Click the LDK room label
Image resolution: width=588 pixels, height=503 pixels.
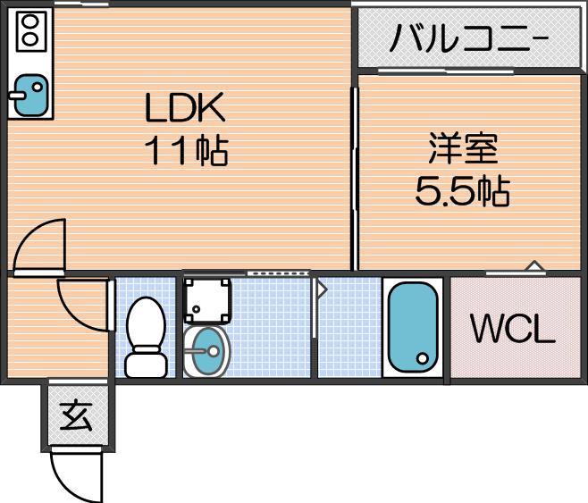click(x=187, y=109)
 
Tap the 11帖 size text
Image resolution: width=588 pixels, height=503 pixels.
click(x=187, y=151)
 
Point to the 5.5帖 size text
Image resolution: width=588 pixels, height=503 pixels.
click(x=462, y=189)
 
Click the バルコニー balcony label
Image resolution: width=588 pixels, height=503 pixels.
click(x=469, y=39)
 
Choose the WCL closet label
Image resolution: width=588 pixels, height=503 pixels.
click(x=513, y=330)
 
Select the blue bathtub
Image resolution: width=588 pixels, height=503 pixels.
click(x=413, y=325)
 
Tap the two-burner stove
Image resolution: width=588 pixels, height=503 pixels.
click(x=29, y=30)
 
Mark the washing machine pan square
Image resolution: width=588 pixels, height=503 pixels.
click(x=207, y=300)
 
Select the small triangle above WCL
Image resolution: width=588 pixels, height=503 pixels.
click(x=533, y=265)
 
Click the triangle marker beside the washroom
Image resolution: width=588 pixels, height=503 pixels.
click(x=322, y=289)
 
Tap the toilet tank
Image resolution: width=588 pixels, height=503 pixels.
click(x=145, y=365)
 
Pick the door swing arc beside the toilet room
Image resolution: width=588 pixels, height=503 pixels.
click(x=82, y=304)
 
